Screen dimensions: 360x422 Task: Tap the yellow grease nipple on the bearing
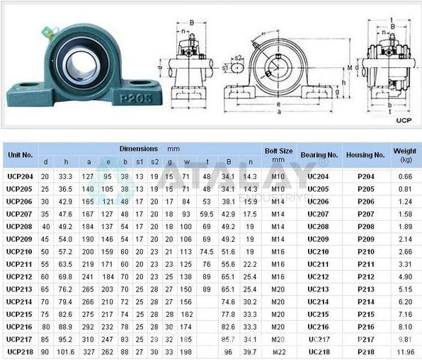[x=47, y=30]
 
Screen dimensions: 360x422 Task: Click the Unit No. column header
[x=20, y=154]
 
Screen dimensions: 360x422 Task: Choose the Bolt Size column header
[x=278, y=154]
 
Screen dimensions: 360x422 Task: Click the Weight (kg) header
[x=404, y=154]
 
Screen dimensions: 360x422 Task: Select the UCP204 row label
[x=20, y=176]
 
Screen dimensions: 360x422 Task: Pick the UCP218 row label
[x=20, y=352]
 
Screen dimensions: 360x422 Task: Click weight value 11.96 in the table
[x=404, y=352]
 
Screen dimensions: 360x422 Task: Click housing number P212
[x=366, y=277]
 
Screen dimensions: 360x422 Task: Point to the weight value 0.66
[x=404, y=176]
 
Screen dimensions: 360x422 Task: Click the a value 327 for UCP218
[x=89, y=352]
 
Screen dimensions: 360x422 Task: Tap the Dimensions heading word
[x=139, y=149]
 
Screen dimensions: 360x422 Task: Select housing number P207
[x=366, y=214]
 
